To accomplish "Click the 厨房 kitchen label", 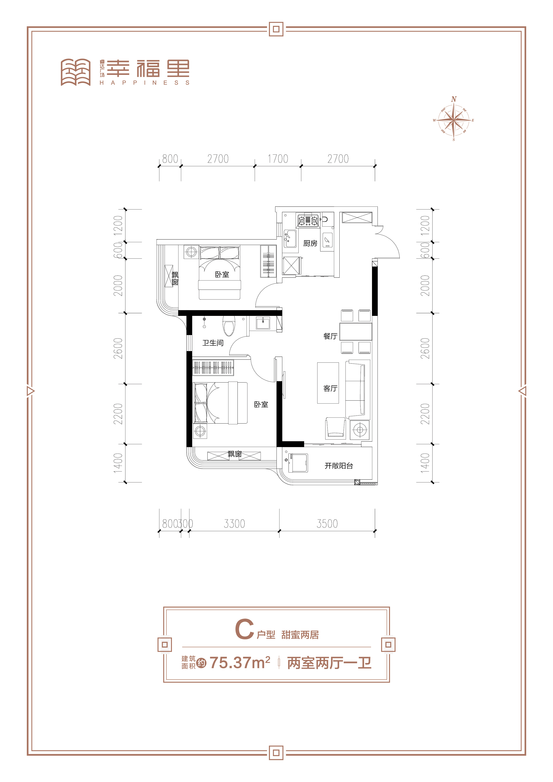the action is (x=310, y=243).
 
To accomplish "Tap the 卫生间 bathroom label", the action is (x=213, y=343).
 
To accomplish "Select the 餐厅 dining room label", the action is (x=330, y=336).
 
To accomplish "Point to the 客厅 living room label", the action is (x=330, y=388).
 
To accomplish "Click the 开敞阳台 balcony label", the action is (x=339, y=466).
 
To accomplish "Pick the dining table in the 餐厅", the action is (x=356, y=332).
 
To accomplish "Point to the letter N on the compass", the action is (x=454, y=99).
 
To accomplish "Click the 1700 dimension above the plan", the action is (x=278, y=159).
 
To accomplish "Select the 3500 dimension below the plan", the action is (x=327, y=523).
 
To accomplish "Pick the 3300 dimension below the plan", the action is (x=234, y=523).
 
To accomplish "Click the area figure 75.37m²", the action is (x=240, y=663).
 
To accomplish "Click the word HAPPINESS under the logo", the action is (x=144, y=82).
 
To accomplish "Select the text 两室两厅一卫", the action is (x=329, y=663).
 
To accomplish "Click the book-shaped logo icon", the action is (x=76, y=72).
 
